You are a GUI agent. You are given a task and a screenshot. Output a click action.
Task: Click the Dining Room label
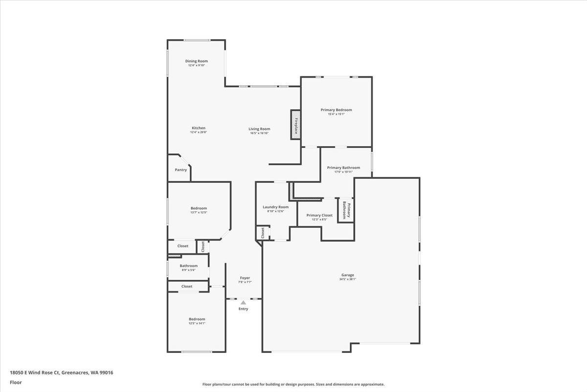point(197,61)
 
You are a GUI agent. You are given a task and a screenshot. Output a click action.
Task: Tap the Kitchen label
point(198,128)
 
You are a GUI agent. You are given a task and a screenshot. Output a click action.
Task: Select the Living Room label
point(259,129)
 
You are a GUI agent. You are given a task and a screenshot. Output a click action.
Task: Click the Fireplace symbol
point(296,125)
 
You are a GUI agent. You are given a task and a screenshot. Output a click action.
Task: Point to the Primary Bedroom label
point(336,110)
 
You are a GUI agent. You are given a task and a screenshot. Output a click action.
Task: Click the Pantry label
point(181,170)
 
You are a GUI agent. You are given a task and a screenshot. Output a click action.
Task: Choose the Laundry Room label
point(275,207)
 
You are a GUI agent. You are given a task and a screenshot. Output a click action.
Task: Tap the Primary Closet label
point(319,215)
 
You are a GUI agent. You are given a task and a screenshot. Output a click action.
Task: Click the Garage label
point(348,275)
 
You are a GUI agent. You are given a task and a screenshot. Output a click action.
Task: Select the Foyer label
point(245,278)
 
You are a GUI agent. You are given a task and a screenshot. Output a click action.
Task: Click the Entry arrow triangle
point(243,303)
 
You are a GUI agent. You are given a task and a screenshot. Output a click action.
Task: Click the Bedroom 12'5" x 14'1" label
point(197,319)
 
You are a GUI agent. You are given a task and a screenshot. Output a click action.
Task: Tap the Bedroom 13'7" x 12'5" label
point(199,208)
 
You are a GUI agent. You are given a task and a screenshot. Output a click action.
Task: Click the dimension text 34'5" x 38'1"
point(348,279)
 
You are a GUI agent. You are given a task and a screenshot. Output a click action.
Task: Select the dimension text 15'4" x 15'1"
point(336,114)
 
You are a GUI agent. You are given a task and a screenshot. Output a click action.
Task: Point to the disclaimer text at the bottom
point(293,384)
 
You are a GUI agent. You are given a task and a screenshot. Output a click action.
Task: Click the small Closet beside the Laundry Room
point(263,233)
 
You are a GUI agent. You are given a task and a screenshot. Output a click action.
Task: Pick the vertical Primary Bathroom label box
point(345,210)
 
